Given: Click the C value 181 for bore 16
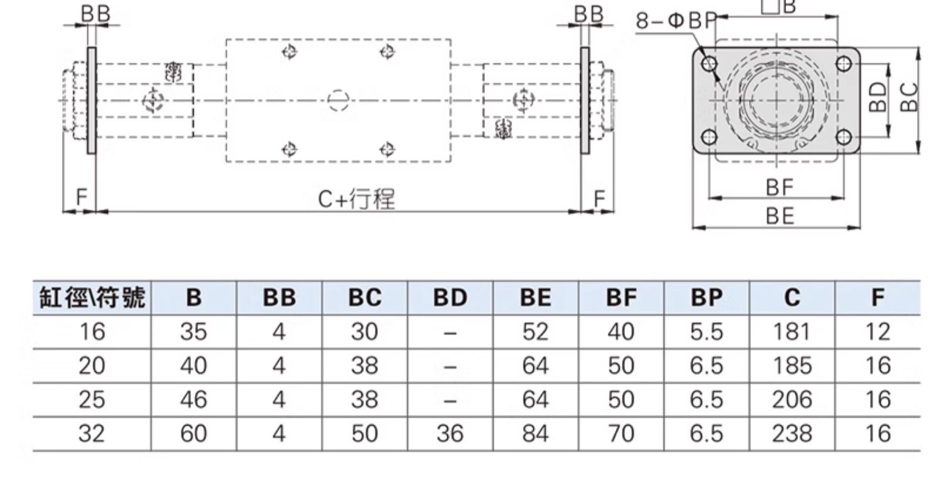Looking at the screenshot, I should tap(792, 332).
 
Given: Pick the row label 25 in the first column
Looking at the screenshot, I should tap(92, 400).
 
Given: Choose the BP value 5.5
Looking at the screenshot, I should tap(706, 332).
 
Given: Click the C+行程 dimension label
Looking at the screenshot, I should tap(356, 199).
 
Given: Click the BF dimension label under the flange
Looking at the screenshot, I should tap(780, 187).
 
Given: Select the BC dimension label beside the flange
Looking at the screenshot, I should tap(910, 97).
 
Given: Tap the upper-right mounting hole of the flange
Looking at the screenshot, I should tap(844, 63).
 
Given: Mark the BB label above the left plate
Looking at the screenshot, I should tap(96, 14).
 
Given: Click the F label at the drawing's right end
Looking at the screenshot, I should tap(600, 198).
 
